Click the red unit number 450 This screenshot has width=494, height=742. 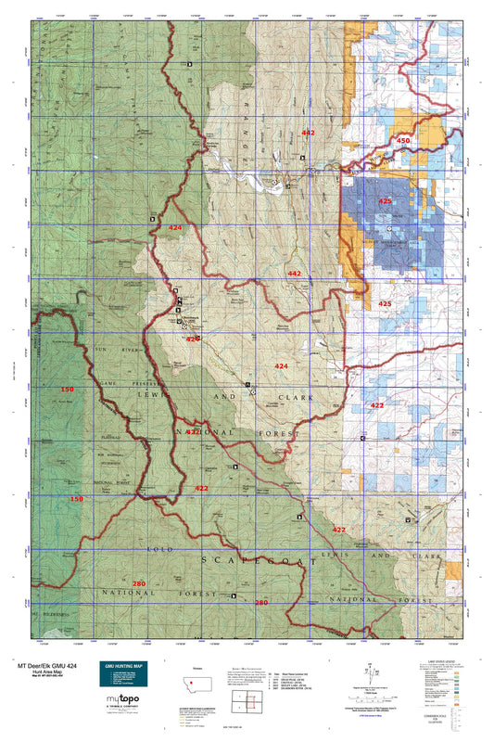click(x=402, y=140)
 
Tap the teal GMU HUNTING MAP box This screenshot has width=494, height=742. click(x=122, y=677)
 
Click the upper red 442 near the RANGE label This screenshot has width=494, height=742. click(x=308, y=134)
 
